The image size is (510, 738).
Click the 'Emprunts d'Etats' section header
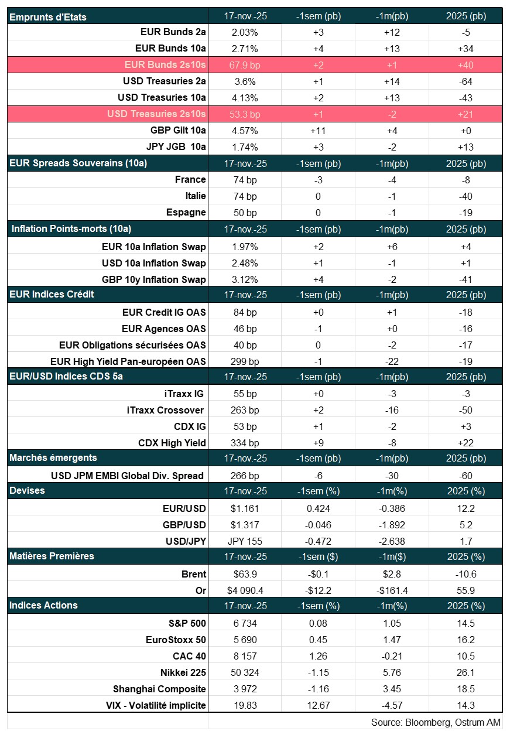click(x=48, y=17)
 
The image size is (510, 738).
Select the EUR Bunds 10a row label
click(x=170, y=48)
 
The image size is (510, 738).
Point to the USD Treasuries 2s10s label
click(x=156, y=114)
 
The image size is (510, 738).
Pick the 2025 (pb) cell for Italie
click(x=465, y=196)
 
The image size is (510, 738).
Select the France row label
click(x=190, y=180)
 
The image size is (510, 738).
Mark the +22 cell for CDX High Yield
click(x=465, y=443)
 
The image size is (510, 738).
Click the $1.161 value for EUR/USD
click(x=245, y=508)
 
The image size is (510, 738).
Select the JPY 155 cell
click(x=245, y=541)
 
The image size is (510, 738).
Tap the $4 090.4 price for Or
click(x=245, y=590)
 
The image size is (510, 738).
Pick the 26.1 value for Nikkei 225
click(x=465, y=672)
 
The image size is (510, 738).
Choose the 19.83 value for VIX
click(x=245, y=705)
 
